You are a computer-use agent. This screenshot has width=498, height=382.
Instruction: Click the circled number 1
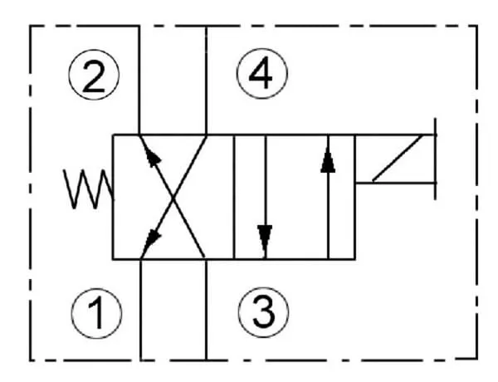(x=95, y=313)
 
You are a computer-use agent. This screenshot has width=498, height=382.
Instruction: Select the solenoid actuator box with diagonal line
(x=394, y=159)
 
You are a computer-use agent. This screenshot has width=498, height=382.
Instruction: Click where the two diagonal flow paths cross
(x=173, y=198)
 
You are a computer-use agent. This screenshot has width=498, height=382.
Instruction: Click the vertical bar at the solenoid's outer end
(x=434, y=159)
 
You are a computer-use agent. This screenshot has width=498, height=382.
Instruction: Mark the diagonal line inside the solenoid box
(x=396, y=159)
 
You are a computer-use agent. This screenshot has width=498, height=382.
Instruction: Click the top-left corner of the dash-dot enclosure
(x=32, y=26)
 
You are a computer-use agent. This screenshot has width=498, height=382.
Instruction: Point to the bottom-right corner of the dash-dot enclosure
(x=476, y=360)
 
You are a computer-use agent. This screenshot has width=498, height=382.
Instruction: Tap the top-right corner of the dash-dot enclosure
(x=476, y=26)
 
